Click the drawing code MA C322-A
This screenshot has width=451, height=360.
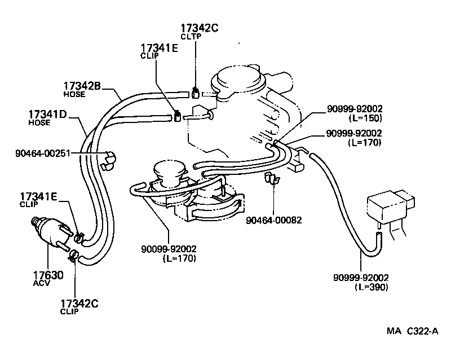(x=412, y=332)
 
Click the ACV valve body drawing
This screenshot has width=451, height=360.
(x=51, y=234)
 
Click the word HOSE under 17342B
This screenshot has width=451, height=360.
(x=73, y=94)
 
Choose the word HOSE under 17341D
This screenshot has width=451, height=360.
(x=39, y=122)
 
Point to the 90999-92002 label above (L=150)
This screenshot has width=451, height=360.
(x=355, y=109)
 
